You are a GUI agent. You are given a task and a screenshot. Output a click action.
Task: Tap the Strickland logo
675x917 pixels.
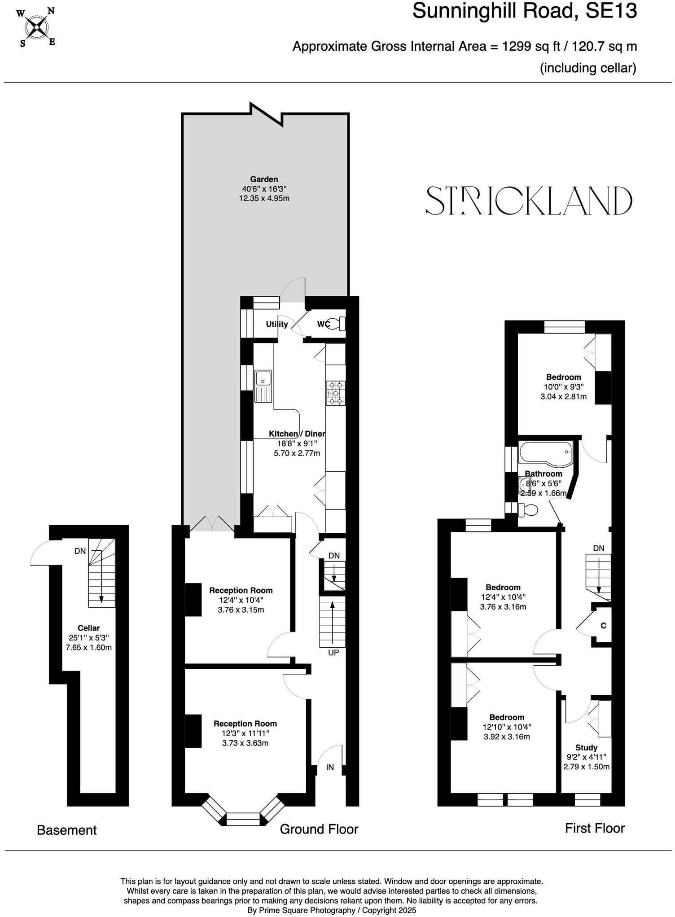529,201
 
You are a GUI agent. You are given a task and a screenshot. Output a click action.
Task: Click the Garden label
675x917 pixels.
264,179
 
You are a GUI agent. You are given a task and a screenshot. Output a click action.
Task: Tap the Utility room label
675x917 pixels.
276,324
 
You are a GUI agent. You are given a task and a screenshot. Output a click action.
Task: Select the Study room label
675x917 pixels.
586,747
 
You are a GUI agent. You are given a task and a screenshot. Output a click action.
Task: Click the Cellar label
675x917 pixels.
88,628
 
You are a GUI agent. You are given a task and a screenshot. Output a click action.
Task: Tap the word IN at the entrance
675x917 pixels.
330,768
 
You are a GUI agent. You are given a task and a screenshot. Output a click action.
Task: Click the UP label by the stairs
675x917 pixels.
333,653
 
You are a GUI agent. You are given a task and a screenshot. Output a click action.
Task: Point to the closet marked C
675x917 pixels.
603,625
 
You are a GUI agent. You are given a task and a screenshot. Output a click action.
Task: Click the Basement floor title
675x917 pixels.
66,830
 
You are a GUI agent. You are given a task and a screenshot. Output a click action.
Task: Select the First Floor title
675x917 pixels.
595,828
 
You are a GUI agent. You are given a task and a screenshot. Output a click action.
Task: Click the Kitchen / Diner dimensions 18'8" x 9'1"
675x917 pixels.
297,443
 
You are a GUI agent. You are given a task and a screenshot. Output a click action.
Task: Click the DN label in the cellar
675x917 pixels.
80,551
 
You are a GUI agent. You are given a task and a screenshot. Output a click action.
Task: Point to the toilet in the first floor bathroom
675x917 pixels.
527,510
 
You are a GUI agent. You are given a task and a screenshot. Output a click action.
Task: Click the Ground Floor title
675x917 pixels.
319,829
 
